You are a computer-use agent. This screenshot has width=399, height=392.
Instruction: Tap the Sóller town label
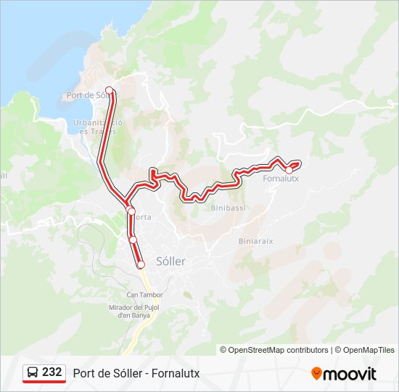171,261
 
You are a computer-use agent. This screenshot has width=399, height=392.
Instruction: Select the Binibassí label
229,208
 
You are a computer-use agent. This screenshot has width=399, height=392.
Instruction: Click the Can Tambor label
144,295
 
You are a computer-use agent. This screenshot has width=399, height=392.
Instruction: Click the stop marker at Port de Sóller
110,91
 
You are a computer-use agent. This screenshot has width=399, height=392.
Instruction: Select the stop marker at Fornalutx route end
289,170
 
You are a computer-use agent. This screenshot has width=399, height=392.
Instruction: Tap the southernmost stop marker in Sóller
141,265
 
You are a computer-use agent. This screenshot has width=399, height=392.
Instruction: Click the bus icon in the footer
32,373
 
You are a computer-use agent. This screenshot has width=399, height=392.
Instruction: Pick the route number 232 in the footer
52,372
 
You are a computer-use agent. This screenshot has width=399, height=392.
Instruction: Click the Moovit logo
344,374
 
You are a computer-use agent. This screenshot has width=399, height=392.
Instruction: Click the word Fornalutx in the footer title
174,374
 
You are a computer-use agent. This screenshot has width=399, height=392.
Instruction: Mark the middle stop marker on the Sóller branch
133,240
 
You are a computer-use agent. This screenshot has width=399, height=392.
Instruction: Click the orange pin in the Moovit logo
316,374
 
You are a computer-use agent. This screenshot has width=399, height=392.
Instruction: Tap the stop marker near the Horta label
131,211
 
